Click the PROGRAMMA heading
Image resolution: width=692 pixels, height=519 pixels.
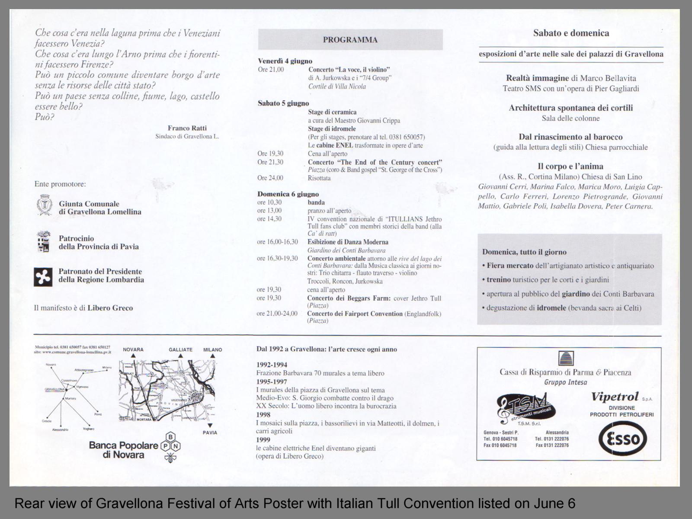(350, 40)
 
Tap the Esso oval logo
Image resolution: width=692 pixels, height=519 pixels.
(622, 439)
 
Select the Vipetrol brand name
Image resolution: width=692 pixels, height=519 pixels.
(615, 397)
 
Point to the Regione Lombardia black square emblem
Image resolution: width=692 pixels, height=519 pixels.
(43, 277)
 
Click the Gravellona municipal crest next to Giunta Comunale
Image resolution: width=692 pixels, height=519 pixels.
(44, 205)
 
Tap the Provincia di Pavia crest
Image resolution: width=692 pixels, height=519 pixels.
(43, 241)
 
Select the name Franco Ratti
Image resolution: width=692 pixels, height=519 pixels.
(187, 128)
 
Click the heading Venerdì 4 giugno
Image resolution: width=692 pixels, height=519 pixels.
(285, 61)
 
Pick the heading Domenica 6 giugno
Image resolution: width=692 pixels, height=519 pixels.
(288, 194)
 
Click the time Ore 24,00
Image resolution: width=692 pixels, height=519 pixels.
(270, 178)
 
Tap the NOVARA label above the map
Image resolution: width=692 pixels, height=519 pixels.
(133, 349)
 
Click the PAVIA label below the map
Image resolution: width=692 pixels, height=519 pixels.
(210, 432)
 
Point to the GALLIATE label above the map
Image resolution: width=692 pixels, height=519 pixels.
(180, 349)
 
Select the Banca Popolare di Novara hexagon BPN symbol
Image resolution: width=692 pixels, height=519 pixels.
(171, 447)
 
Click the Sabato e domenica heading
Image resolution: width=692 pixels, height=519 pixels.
(571, 33)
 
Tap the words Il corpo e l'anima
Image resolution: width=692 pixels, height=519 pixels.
(570, 166)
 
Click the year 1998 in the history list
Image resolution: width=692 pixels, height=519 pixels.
(263, 414)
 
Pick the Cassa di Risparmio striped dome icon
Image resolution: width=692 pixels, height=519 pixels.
(566, 359)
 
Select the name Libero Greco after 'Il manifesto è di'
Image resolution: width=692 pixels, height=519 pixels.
(110, 308)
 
